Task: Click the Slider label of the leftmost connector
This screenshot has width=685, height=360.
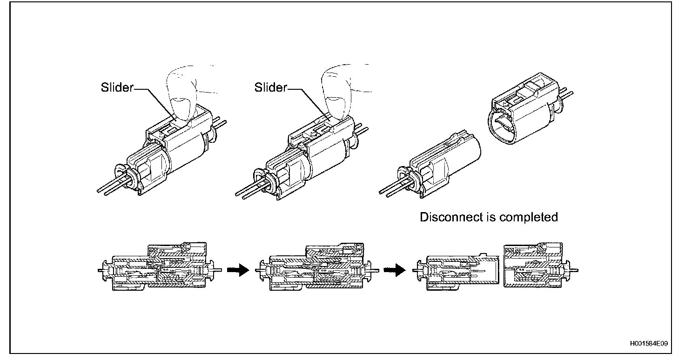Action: click(117, 87)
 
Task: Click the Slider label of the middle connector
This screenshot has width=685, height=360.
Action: click(270, 87)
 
